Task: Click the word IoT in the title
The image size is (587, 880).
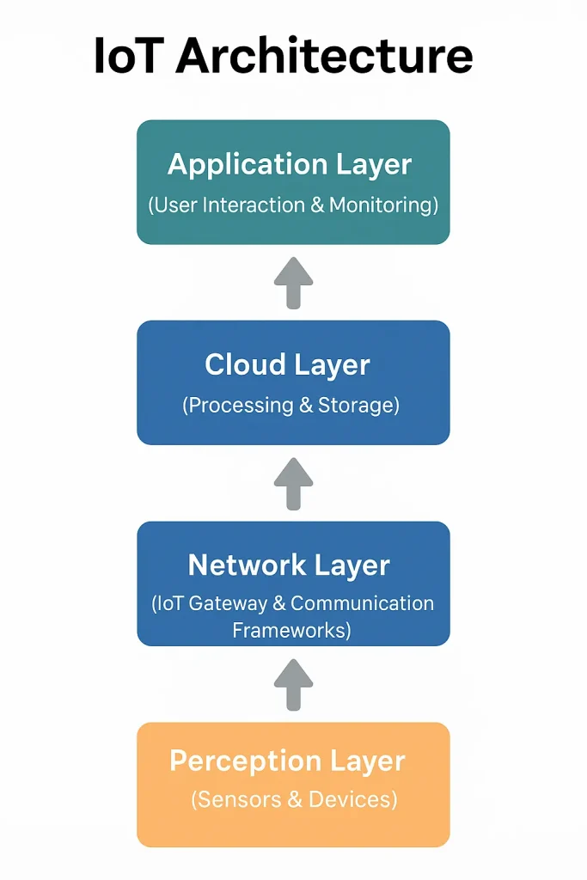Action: pyautogui.click(x=129, y=56)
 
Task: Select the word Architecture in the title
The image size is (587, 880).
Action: pyautogui.click(x=324, y=56)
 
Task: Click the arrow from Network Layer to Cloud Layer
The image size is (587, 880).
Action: pyautogui.click(x=293, y=483)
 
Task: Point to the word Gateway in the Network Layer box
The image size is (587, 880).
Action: pyautogui.click(x=222, y=604)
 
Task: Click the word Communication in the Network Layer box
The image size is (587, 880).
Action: pyautogui.click(x=365, y=604)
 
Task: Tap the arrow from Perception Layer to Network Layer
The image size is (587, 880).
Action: pyautogui.click(x=293, y=684)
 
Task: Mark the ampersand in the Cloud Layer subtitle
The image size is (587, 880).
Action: pyautogui.click(x=306, y=406)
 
